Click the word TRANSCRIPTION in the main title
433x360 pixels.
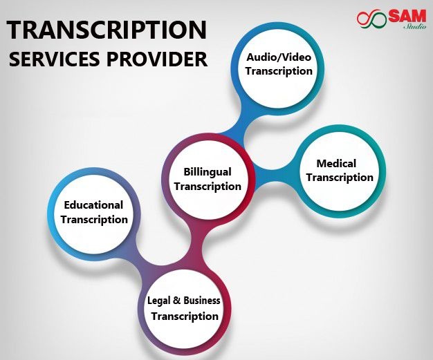tap(107, 30)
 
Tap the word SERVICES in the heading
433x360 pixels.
tap(55, 59)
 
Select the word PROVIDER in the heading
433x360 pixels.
tap(157, 59)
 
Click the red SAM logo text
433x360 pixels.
tap(407, 17)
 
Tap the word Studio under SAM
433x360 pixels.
tap(415, 26)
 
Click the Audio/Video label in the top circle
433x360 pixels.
tap(279, 57)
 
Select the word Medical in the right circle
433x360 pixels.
tap(336, 164)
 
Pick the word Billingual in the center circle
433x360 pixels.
tap(208, 172)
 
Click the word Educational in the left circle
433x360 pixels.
tap(93, 205)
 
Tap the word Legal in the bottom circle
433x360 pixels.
tap(158, 301)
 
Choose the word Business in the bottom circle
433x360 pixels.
tap(202, 300)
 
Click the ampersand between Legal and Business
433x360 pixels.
tap(176, 301)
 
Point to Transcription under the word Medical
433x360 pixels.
tap(340, 178)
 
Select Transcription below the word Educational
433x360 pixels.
tap(95, 220)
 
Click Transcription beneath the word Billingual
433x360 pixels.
tap(208, 187)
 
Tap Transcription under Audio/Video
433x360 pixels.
tap(279, 71)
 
